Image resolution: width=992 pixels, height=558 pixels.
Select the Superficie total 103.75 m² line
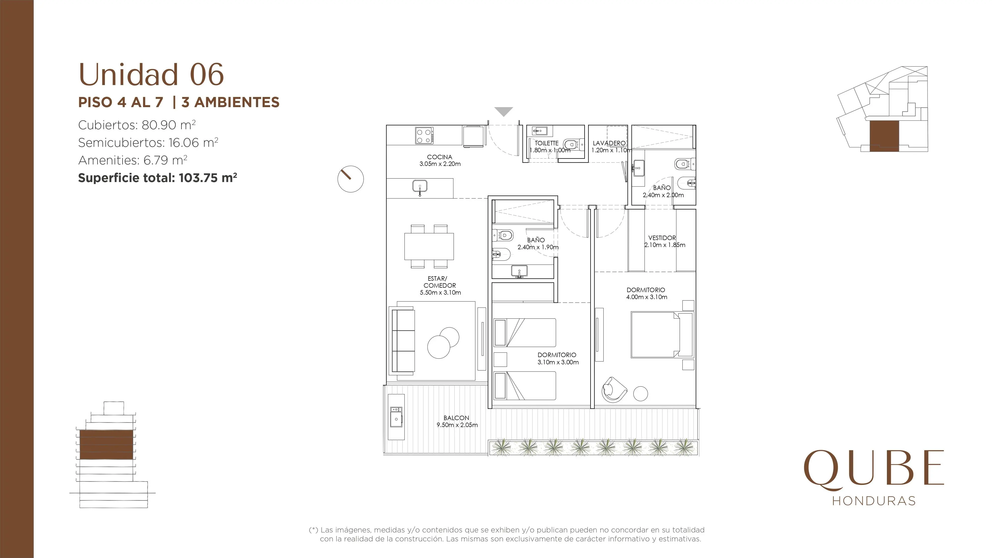click(157, 178)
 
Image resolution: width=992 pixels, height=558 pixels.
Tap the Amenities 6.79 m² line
click(132, 160)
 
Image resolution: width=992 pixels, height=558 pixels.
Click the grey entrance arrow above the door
click(504, 111)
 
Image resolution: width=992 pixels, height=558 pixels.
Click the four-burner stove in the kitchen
click(424, 136)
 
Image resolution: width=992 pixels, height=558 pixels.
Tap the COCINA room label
click(439, 157)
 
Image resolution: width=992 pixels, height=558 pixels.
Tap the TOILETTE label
click(546, 143)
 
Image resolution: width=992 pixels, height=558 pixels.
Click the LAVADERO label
click(609, 143)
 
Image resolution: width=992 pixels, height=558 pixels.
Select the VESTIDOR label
click(662, 238)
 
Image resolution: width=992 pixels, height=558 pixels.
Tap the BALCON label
click(456, 418)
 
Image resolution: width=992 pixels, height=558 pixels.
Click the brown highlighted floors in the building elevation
click(106, 445)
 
